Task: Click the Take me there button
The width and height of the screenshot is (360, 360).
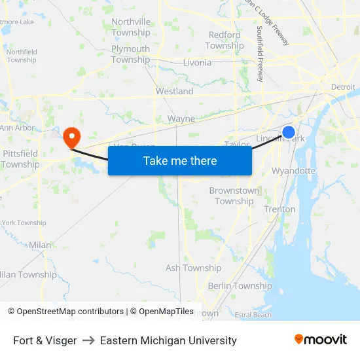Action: pos(180,160)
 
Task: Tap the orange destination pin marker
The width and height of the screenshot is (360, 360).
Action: pos(71,137)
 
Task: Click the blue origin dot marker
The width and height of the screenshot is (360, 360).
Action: pos(288,132)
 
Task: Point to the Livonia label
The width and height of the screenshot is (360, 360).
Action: pos(197,63)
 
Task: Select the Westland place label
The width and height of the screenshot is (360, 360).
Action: pos(174,92)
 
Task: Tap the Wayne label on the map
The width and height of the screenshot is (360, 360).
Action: pos(181,119)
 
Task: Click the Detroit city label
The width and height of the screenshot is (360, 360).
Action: pos(343,87)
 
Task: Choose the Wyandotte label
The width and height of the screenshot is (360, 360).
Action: pos(293,171)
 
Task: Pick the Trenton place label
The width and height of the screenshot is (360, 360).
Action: pos(279,209)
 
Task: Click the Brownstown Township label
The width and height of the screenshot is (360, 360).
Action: pos(234,196)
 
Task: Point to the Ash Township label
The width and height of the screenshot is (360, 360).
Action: pos(193,268)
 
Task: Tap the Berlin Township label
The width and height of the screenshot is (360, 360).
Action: pos(240,286)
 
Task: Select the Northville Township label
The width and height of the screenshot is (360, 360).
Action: pos(131,27)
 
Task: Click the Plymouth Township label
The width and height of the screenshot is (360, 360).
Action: pos(130,54)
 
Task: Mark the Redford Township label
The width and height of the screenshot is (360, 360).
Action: pos(225,41)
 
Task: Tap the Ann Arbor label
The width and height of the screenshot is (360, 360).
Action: pos(17,128)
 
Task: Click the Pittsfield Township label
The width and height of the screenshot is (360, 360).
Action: pos(20,159)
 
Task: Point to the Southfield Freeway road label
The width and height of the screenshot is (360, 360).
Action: pos(261,54)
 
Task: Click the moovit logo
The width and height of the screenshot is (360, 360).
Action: pos(321,340)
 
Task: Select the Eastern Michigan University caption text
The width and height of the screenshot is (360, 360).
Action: pos(168,340)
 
